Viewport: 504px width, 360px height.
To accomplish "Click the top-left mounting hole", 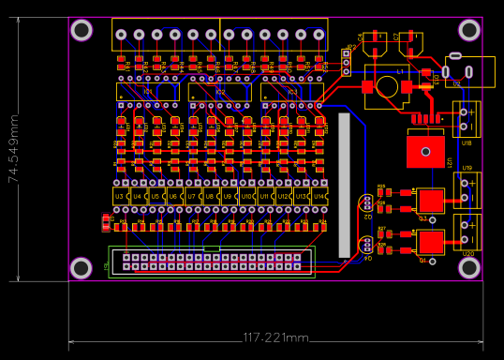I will pos(82,31).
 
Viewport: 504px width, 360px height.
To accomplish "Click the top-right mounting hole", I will pos(469,31).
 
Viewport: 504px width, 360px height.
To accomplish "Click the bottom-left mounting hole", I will pos(82,268).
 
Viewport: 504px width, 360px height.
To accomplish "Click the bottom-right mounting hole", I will pos(469,268).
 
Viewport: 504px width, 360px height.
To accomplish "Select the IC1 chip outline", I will pos(147,92).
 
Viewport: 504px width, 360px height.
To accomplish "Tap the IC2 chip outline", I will pos(219,92).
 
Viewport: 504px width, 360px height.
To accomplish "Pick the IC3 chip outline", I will pos(291,92).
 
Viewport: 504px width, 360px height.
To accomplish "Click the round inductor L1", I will pos(387,86).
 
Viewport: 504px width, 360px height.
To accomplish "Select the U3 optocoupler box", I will pos(120,196).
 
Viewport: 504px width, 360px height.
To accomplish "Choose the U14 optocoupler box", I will pos(319,196).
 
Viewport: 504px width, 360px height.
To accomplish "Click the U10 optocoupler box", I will pos(246,196).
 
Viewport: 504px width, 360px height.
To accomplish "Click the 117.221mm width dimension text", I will pos(275,337).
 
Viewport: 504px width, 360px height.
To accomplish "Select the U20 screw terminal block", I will pos(467,232).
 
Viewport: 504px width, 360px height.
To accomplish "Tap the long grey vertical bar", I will pos(344,184).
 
